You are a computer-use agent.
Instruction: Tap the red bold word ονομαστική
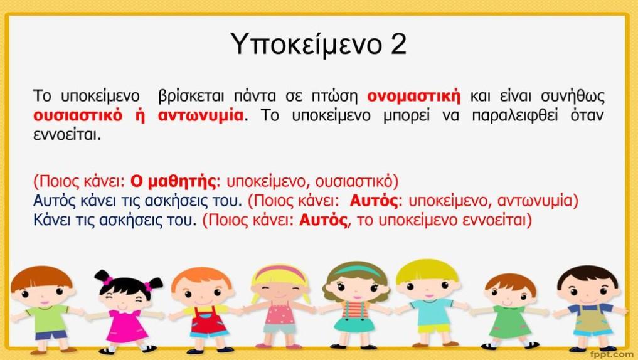coord(414,97)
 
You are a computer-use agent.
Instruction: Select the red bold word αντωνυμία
coord(201,115)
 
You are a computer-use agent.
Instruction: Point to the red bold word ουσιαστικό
coord(78,115)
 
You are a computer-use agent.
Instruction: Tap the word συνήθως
coord(573,97)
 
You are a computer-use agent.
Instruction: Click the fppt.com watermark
coord(614,355)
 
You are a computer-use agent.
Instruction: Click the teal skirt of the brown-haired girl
coord(354,325)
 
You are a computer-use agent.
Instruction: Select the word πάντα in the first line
coord(255,97)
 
